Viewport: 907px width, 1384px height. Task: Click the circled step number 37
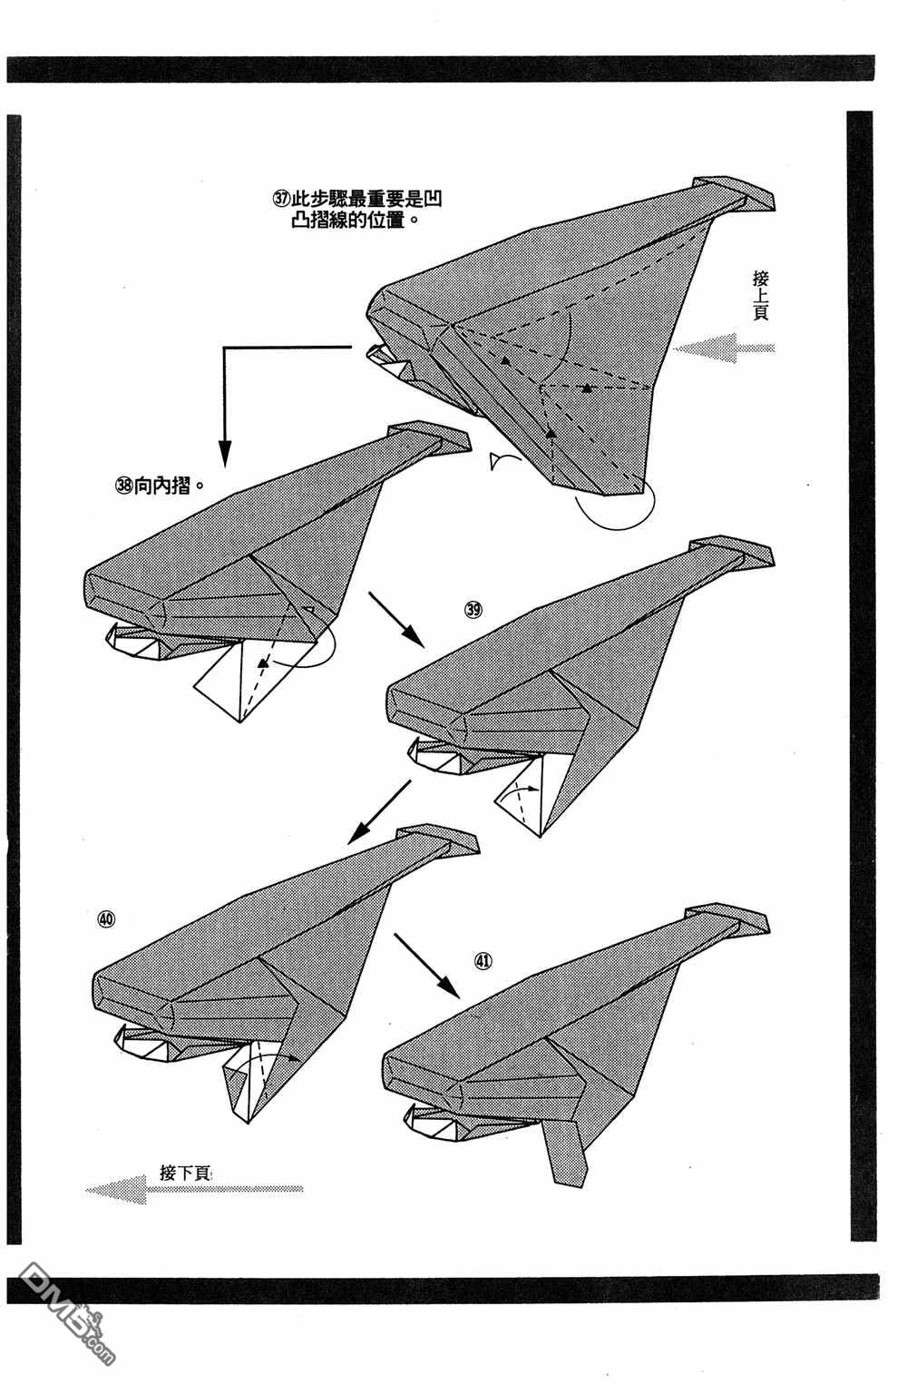(281, 199)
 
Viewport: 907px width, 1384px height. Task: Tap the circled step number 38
(124, 486)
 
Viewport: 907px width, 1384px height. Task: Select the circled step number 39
(473, 610)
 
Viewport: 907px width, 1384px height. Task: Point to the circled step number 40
(106, 918)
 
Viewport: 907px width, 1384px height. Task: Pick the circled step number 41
(483, 961)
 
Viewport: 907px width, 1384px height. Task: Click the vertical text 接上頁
(760, 295)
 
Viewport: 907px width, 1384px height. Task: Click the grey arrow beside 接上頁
(724, 348)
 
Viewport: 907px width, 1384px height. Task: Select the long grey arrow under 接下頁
(194, 1189)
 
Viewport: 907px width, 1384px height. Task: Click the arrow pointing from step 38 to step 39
(396, 619)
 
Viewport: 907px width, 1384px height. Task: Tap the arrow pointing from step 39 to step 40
(379, 812)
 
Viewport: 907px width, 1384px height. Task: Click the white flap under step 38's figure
(254, 681)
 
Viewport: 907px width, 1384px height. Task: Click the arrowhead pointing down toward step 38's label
(225, 454)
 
